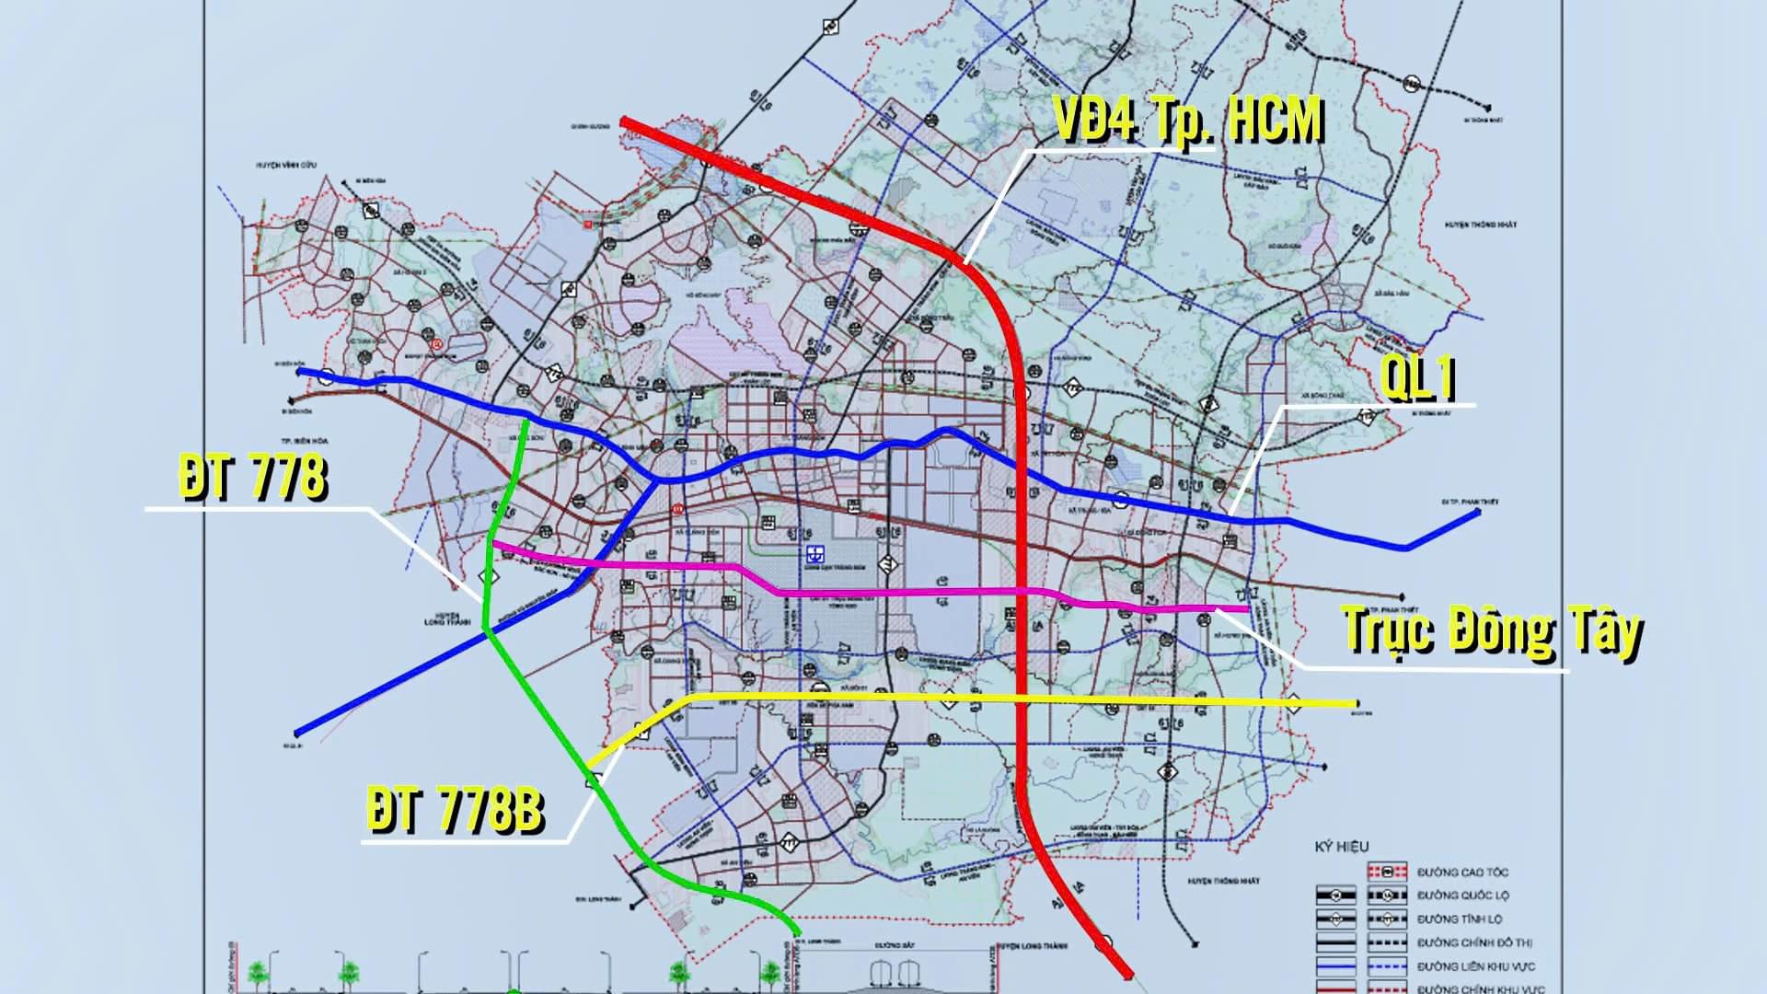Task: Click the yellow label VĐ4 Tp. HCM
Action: pos(1187,120)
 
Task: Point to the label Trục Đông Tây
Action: pos(1491,631)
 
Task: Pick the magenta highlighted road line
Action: pos(902,594)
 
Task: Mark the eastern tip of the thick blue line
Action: pos(1478,512)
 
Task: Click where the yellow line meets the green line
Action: pos(590,765)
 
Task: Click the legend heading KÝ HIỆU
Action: pos(1341,847)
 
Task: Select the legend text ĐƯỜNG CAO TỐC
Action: pos(1462,872)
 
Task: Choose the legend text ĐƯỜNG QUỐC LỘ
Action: pos(1462,896)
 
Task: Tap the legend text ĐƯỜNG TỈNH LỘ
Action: pos(1460,919)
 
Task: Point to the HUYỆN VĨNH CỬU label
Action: pos(286,164)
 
